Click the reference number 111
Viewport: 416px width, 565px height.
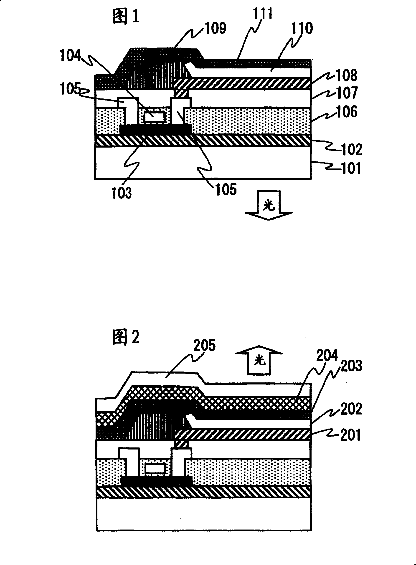click(263, 14)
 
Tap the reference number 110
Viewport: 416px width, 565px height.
click(302, 28)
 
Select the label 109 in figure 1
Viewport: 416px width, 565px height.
click(216, 28)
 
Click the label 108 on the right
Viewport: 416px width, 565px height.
click(347, 75)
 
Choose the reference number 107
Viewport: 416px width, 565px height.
click(347, 93)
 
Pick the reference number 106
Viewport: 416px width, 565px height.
click(347, 112)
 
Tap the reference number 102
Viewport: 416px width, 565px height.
click(352, 149)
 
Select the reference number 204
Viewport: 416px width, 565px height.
click(327, 355)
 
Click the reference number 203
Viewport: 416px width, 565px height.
click(351, 366)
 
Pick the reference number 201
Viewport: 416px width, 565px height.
click(350, 435)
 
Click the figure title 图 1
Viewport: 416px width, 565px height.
click(126, 17)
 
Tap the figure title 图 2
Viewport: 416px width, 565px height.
click(126, 337)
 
